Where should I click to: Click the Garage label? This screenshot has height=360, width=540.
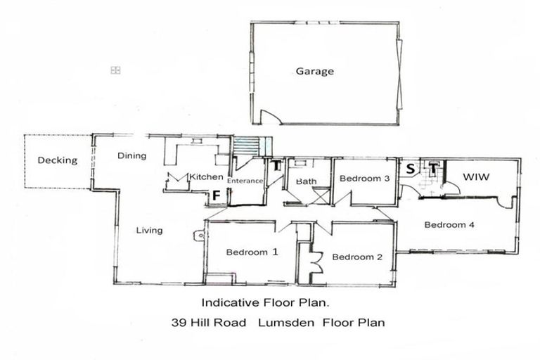point(314,71)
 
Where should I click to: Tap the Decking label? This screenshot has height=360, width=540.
point(58,160)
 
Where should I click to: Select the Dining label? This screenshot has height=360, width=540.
point(131,155)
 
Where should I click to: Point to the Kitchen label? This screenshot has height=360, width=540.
point(206,176)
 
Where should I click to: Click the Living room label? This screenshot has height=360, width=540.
point(149,230)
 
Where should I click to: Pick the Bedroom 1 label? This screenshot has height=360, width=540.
point(251,252)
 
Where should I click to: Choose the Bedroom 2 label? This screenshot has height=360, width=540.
point(357,257)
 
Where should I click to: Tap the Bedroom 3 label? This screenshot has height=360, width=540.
point(364,179)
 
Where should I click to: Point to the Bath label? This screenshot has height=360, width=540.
point(307,181)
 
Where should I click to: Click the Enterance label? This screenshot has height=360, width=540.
point(245,181)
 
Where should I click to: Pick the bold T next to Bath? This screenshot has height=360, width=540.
point(277,166)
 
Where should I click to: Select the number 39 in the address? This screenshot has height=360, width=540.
point(179,323)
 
